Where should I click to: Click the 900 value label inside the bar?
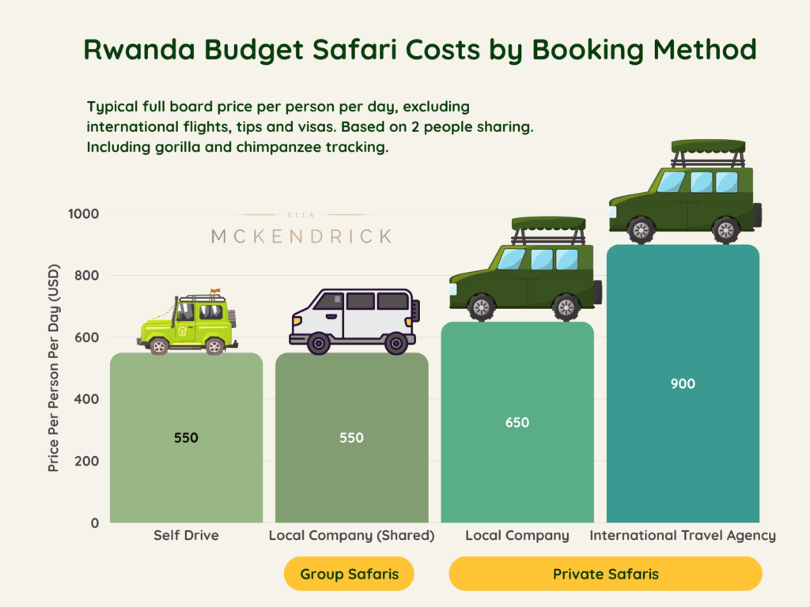(x=682, y=384)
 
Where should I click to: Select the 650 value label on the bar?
(x=517, y=423)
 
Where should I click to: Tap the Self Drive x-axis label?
(x=186, y=536)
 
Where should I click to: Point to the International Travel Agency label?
(x=682, y=536)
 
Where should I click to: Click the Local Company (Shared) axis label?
(x=351, y=536)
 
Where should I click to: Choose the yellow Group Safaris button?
(x=349, y=574)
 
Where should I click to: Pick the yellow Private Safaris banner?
(x=605, y=574)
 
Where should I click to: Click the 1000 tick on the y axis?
(x=83, y=214)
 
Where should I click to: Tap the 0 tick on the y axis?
(x=93, y=523)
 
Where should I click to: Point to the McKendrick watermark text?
(x=301, y=236)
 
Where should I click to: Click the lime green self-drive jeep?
(x=187, y=325)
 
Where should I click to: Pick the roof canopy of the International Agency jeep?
(x=708, y=145)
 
